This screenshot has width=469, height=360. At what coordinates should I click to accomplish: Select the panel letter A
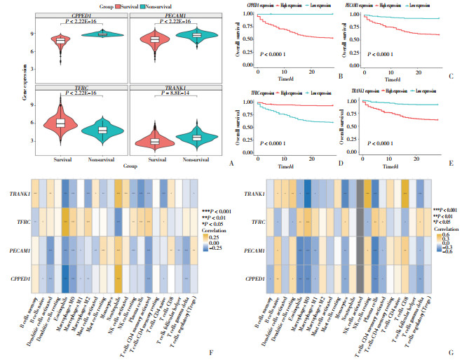(x=231, y=161)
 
